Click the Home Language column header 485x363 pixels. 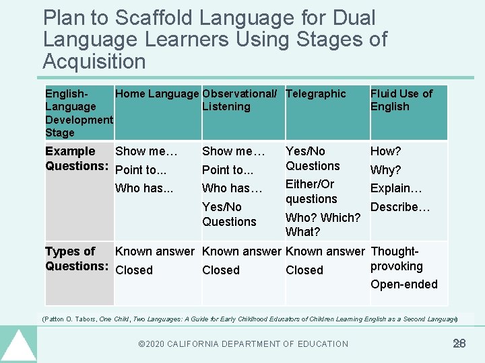click(x=157, y=94)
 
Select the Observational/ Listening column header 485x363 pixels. click(x=239, y=100)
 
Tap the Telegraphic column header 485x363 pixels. click(x=315, y=94)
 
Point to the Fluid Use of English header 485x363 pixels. click(x=401, y=100)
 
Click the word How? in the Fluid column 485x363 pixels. click(x=385, y=152)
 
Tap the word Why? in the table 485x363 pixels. click(x=385, y=170)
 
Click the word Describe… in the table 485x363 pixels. click(x=400, y=207)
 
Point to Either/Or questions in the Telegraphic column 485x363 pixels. click(x=311, y=192)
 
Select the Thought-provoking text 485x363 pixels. click(x=397, y=259)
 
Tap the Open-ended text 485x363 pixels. click(x=404, y=284)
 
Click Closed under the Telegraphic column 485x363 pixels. click(x=304, y=270)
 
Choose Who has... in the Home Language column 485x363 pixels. click(x=144, y=188)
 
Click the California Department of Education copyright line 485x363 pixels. click(x=243, y=344)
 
